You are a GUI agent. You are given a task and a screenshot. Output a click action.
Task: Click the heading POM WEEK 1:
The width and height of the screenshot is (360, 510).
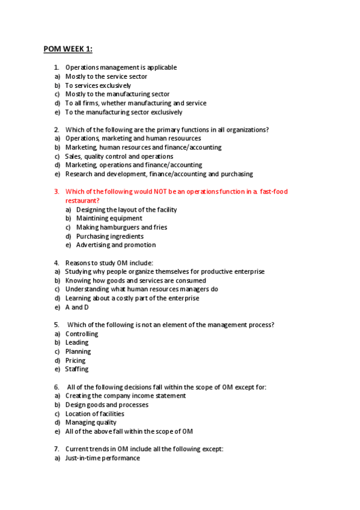pos(68,49)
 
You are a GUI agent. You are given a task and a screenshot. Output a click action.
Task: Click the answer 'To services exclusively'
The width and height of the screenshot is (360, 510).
pos(98,85)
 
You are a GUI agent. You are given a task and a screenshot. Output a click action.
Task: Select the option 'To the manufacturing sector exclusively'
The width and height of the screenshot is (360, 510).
pos(124,112)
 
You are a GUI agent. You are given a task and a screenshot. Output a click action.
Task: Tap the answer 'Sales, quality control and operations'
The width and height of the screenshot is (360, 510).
pos(119,156)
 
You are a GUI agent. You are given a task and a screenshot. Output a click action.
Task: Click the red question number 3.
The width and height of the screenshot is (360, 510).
pos(56,192)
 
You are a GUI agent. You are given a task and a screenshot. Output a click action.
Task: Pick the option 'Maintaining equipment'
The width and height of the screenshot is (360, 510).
pos(109,218)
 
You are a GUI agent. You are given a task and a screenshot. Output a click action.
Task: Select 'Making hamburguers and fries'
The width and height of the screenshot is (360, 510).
pos(121,227)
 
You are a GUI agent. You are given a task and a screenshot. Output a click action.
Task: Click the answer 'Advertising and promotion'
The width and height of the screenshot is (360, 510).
pos(116,245)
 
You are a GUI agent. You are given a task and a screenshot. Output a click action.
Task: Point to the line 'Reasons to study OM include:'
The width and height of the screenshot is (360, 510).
pos(109,263)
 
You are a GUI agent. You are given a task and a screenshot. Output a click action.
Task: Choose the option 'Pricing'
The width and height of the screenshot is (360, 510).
pos(75,360)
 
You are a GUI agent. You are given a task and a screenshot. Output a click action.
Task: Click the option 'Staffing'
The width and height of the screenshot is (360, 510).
pos(77,369)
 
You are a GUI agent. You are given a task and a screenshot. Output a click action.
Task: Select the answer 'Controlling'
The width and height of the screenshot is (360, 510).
pos(82,334)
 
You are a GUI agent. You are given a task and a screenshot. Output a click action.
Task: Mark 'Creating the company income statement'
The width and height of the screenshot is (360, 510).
pos(126,396)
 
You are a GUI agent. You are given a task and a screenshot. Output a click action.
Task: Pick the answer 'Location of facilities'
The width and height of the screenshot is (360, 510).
pos(95,414)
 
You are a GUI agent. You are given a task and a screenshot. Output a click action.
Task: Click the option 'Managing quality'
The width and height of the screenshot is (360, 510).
pos(91,422)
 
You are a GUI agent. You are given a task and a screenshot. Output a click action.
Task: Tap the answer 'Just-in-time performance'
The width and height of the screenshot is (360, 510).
pos(102,458)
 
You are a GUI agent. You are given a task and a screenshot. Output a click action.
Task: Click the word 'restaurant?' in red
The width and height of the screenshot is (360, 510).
pos(82,200)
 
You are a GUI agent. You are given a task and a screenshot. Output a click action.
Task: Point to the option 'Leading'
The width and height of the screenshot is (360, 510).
pos(77,343)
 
